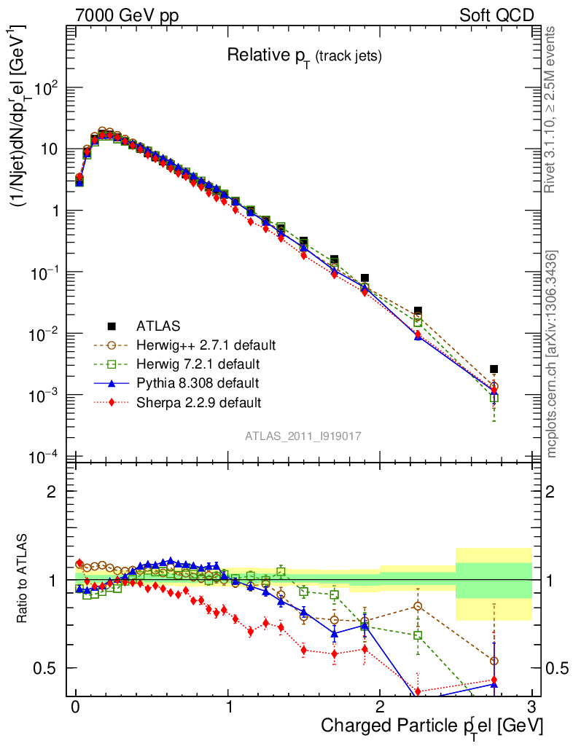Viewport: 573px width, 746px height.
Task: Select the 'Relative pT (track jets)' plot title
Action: pos(304,55)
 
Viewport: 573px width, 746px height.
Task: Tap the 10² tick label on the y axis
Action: pos(45,88)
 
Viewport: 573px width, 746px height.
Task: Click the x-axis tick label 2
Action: pos(380,707)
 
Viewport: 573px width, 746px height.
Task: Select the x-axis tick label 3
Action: pos(532,707)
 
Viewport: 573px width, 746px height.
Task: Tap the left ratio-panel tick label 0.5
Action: pos(48,668)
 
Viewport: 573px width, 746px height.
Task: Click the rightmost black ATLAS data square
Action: pos(494,369)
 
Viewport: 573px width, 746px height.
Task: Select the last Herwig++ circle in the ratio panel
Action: pos(494,661)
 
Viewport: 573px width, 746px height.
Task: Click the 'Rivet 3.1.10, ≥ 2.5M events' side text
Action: pos(551,109)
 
